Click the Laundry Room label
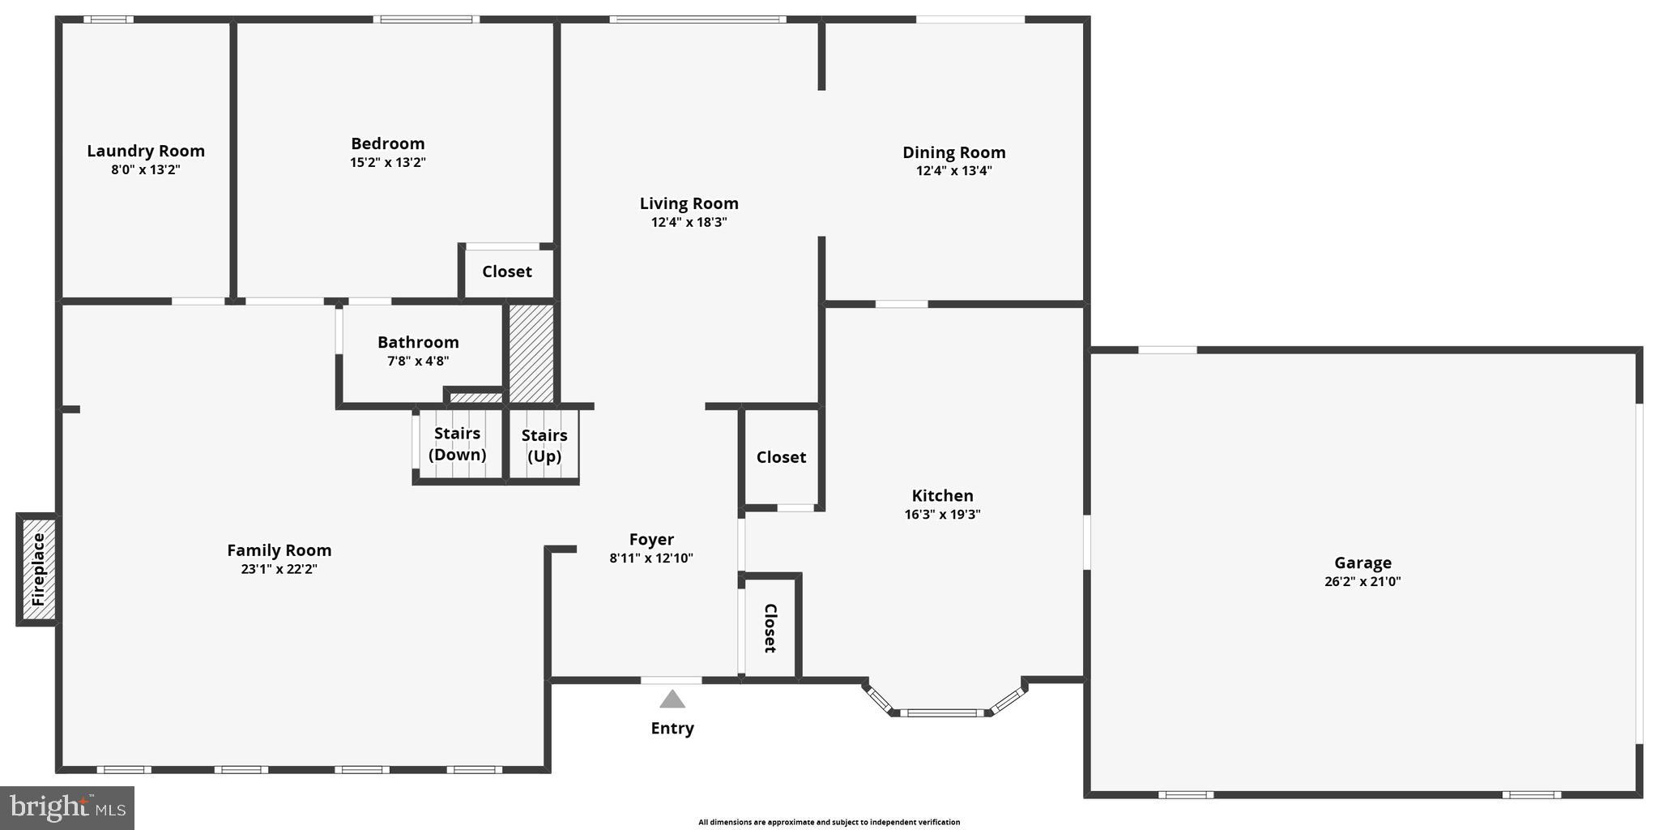pyautogui.click(x=146, y=151)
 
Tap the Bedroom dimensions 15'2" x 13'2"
pyautogui.click(x=388, y=162)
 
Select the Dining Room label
pyautogui.click(x=953, y=152)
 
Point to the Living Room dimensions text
pyautogui.click(x=689, y=222)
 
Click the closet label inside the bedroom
pyautogui.click(x=507, y=272)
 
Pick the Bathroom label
pyautogui.click(x=418, y=342)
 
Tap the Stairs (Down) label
pyautogui.click(x=457, y=444)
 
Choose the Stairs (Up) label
pyautogui.click(x=544, y=446)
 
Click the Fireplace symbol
pyautogui.click(x=38, y=569)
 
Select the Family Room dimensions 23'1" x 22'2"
pyautogui.click(x=279, y=569)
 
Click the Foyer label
pyautogui.click(x=651, y=540)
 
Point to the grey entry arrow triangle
pyautogui.click(x=672, y=699)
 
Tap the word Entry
pyautogui.click(x=672, y=728)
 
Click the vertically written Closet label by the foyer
pyautogui.click(x=770, y=628)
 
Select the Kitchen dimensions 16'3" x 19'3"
pyautogui.click(x=942, y=514)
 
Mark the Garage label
pyautogui.click(x=1363, y=563)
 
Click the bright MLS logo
pyautogui.click(x=67, y=807)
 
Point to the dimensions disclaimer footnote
pyautogui.click(x=829, y=822)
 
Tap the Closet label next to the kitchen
pyautogui.click(x=781, y=457)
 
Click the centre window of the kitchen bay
pyautogui.click(x=941, y=713)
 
